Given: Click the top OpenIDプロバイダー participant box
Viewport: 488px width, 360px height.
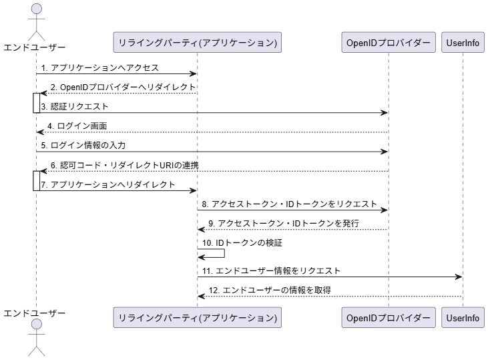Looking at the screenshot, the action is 389,42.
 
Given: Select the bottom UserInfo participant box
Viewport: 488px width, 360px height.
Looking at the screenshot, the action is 463,318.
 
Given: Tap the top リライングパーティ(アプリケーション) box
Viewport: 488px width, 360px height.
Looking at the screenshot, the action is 198,42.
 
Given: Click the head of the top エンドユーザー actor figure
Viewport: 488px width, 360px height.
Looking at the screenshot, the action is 37,9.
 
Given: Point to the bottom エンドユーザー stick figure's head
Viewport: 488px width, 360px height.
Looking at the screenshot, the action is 37,324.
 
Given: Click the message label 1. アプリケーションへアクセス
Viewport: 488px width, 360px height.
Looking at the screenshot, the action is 100,67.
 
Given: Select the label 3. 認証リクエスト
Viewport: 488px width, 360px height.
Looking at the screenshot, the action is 75,106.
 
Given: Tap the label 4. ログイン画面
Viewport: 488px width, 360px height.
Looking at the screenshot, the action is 77,126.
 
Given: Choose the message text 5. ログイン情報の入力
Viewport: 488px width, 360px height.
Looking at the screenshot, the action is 83,145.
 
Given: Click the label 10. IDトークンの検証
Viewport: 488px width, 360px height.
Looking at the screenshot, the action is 242,242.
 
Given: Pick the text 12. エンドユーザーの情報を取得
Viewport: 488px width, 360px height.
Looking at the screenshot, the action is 270,291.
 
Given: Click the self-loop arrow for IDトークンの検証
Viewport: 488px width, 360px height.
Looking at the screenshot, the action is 224,253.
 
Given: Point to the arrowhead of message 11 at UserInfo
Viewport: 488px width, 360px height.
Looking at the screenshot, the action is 459,277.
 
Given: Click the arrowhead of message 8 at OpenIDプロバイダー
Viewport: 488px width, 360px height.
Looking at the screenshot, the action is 385,210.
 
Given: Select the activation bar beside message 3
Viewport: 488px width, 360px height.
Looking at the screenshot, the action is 37,103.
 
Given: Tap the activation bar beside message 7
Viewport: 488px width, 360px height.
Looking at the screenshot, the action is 37,180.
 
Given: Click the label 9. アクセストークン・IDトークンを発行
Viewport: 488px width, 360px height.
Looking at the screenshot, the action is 284,223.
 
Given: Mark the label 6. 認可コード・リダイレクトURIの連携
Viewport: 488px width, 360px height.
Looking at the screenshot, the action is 125,165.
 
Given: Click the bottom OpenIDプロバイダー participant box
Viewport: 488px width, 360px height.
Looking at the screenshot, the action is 389,318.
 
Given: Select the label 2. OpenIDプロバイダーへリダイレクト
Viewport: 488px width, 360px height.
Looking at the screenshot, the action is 124,87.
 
